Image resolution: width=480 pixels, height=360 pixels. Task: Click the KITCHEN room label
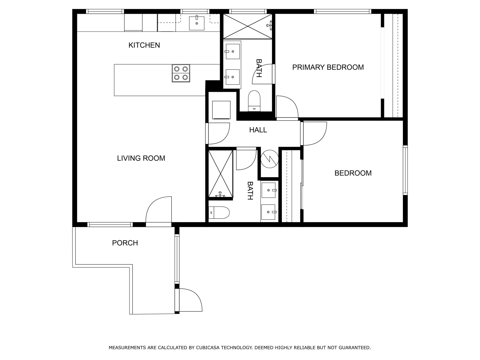pyautogui.click(x=144, y=45)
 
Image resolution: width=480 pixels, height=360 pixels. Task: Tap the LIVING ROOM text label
pyautogui.click(x=141, y=158)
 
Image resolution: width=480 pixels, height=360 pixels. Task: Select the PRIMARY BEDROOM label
pyautogui.click(x=328, y=67)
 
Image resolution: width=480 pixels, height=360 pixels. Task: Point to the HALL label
pyautogui.click(x=258, y=130)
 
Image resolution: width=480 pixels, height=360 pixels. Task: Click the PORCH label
pyautogui.click(x=125, y=243)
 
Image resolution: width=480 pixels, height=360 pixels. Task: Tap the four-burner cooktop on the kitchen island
pyautogui.click(x=181, y=73)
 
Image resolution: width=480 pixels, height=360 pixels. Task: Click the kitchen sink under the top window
pyautogui.click(x=196, y=23)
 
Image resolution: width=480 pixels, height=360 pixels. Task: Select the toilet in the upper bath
pyautogui.click(x=254, y=101)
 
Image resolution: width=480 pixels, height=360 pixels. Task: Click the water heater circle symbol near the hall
pyautogui.click(x=269, y=159)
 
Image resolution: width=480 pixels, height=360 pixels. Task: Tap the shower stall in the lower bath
pyautogui.click(x=221, y=174)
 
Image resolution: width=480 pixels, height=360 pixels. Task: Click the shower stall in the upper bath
pyautogui.click(x=248, y=26)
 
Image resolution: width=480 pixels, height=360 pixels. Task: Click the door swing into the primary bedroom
pyautogui.click(x=286, y=107)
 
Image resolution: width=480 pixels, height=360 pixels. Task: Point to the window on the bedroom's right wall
pyautogui.click(x=405, y=170)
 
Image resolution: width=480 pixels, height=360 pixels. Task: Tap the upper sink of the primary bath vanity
pyautogui.click(x=233, y=51)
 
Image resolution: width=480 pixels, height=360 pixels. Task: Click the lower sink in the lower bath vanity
pyautogui.click(x=268, y=212)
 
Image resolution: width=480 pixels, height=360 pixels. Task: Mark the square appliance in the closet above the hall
pyautogui.click(x=221, y=110)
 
